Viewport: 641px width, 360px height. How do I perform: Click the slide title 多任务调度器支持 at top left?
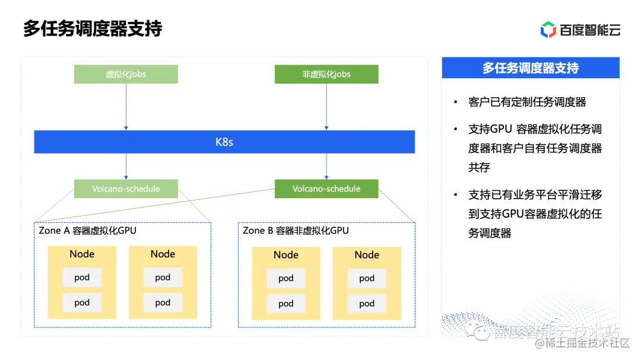coord(93,28)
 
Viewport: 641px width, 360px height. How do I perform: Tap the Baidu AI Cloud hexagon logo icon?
coord(548,29)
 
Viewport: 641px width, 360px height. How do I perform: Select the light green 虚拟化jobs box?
coord(126,74)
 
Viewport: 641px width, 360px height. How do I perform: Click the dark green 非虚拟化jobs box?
coord(326,74)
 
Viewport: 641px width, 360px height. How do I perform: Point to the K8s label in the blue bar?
coord(224,142)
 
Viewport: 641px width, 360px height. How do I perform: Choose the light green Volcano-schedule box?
coord(126,189)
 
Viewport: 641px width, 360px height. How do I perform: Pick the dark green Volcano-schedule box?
coord(326,189)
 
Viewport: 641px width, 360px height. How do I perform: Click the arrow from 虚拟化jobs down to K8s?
coord(126,107)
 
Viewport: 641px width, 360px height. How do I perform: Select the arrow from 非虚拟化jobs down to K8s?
coord(326,107)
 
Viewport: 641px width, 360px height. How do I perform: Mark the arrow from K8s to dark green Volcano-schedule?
coord(326,166)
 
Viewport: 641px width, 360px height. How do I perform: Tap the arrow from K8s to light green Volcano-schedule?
coord(126,166)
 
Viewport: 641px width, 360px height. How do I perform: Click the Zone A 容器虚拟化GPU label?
coord(88,230)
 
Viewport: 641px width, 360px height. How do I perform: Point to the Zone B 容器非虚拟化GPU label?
coord(296,230)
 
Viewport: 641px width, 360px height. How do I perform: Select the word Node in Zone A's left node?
coord(82,254)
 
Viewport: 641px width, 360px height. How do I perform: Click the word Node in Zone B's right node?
coord(367,254)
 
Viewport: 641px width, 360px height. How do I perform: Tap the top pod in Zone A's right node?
coord(163,277)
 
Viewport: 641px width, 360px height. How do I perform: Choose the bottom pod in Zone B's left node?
coord(286,303)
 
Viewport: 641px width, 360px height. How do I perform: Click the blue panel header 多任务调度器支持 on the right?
coord(531,68)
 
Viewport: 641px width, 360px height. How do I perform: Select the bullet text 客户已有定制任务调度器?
coord(527,102)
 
